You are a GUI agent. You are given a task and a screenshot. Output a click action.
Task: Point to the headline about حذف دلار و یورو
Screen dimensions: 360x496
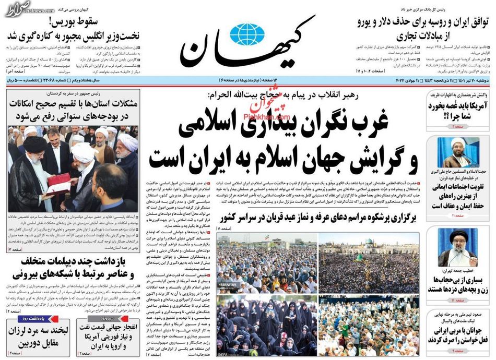coord(423,29)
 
